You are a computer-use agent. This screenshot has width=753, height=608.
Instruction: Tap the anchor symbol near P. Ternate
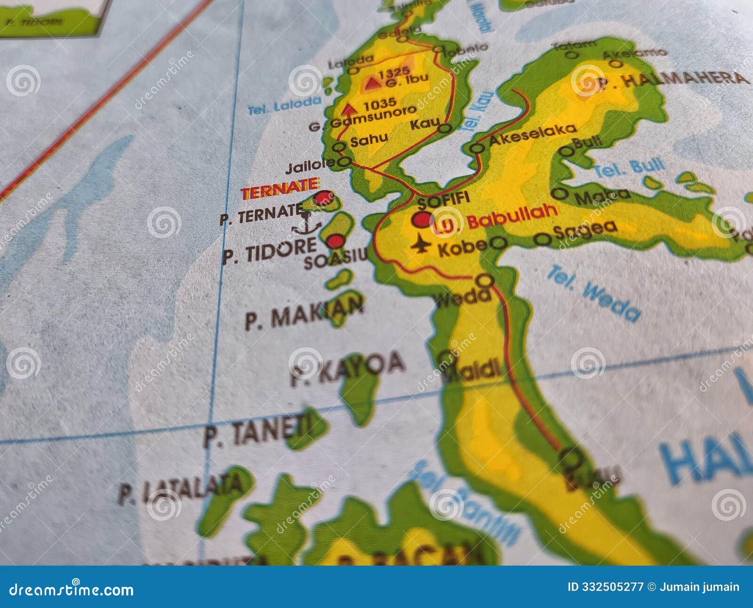pyautogui.click(x=306, y=225)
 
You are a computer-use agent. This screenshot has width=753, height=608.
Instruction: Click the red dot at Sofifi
pyautogui.click(x=422, y=219)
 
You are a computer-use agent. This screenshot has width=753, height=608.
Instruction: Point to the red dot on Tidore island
pyautogui.click(x=335, y=241)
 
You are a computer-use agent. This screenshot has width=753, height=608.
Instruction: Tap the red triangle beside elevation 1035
pyautogui.click(x=349, y=110)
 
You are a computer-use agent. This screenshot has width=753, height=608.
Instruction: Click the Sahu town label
pyautogui.click(x=369, y=138)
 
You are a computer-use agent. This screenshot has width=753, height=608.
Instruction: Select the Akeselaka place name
pyautogui.click(x=533, y=134)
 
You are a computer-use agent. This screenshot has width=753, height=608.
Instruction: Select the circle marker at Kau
pyautogui.click(x=445, y=128)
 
